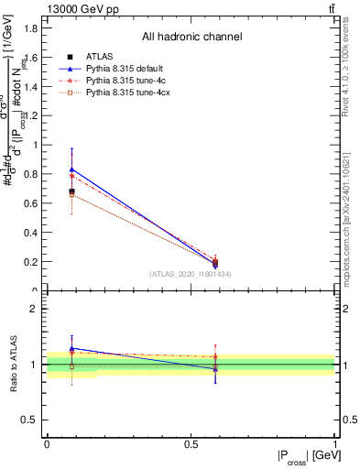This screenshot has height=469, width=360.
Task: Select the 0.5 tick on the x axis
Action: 191,443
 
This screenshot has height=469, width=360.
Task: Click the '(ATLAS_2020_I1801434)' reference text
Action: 191,274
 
